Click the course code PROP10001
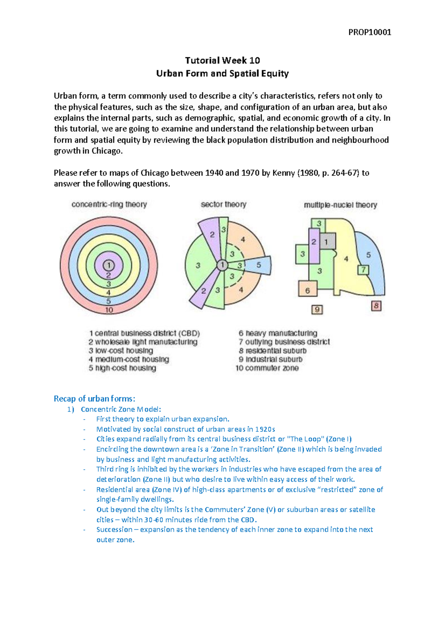(x=369, y=32)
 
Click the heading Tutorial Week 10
(x=222, y=60)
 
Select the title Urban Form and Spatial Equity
(x=222, y=73)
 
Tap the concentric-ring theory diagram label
(x=109, y=204)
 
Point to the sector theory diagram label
(x=223, y=204)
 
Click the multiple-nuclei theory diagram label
(x=340, y=205)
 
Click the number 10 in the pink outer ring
(x=109, y=310)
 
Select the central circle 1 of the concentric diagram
(x=109, y=265)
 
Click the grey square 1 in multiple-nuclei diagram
(x=326, y=242)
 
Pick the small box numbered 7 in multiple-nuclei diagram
(x=363, y=270)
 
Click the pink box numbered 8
(x=376, y=306)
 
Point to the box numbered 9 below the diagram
(x=317, y=309)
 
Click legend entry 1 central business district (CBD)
(x=145, y=333)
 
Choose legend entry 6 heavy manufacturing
(x=278, y=333)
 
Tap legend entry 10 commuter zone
(x=267, y=368)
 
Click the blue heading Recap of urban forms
(x=94, y=399)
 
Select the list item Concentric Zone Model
(x=121, y=409)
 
